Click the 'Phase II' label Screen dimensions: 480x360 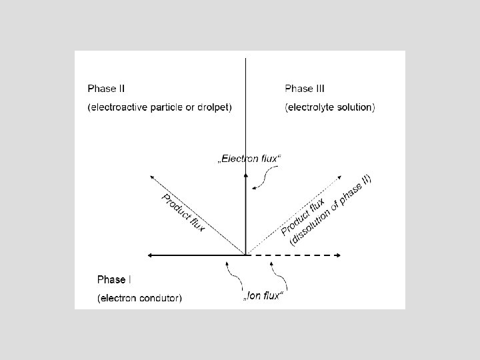[106, 88]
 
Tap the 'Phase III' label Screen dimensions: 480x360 [305, 88]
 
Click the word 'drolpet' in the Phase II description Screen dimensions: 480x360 [213, 107]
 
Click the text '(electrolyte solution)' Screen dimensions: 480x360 [329, 107]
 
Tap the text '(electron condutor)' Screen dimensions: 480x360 [139, 299]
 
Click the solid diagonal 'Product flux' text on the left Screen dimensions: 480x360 [183, 212]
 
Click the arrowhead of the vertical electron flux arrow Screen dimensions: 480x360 [246, 175]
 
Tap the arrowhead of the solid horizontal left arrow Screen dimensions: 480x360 [151, 255]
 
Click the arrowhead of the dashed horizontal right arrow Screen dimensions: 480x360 [340, 255]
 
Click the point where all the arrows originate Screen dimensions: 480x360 [246, 255]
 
